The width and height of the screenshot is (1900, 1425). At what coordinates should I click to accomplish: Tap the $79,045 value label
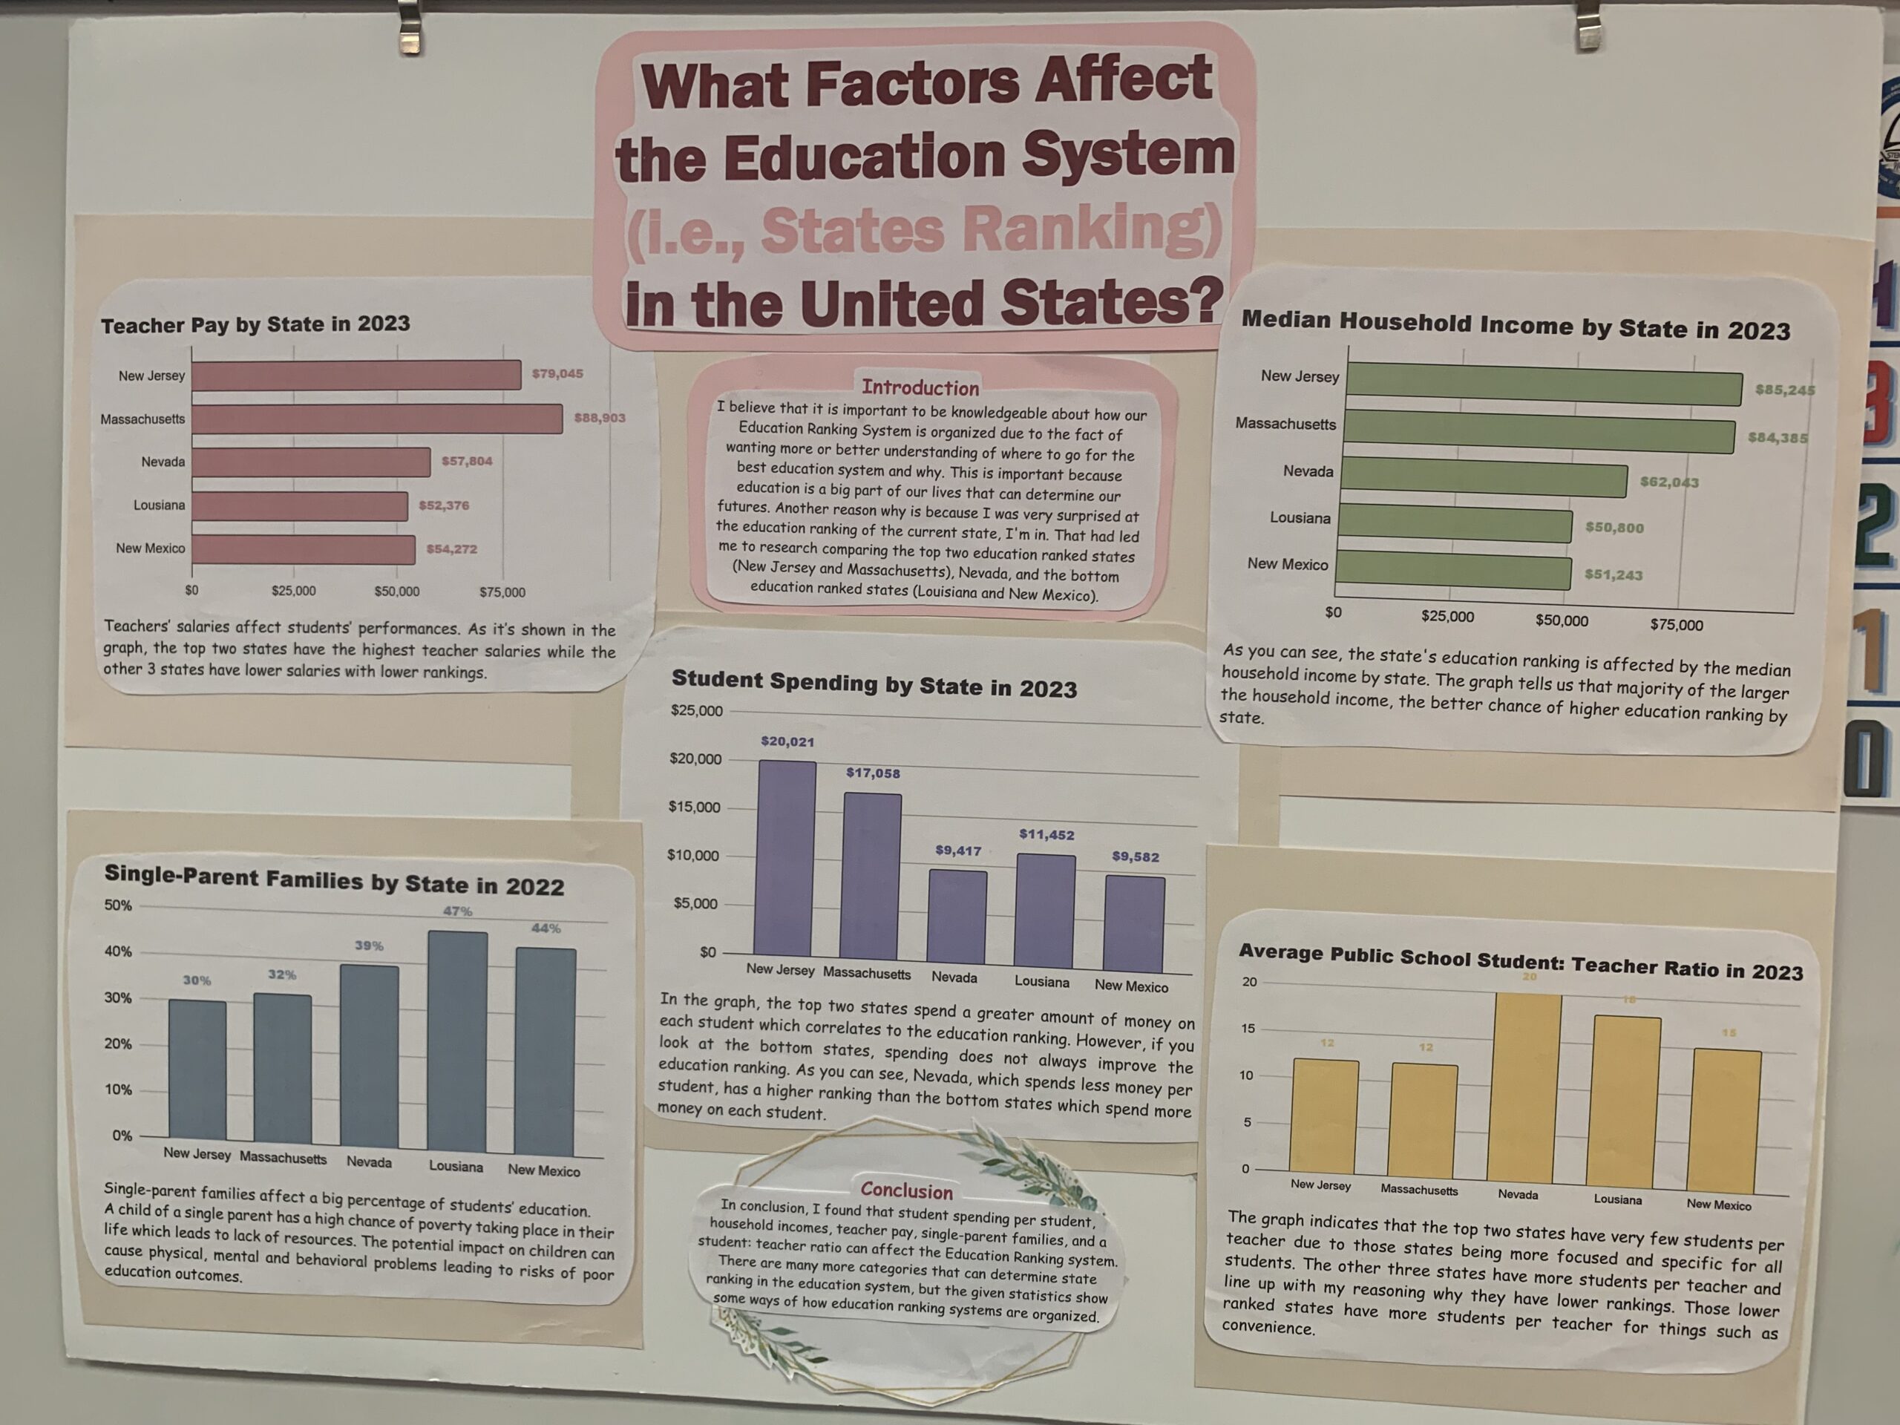pos(557,373)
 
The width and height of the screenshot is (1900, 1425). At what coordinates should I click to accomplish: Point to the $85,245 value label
pos(1785,390)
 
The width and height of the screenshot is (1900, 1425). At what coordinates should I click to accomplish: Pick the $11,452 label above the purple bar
pos(1046,834)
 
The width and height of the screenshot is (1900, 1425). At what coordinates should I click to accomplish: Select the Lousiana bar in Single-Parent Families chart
pos(457,1042)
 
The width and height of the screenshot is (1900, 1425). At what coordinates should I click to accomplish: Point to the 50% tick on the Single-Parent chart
pos(118,905)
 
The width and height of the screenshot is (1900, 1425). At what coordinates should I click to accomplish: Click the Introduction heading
pos(920,387)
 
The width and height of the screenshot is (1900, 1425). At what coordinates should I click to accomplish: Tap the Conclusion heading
pos(906,1190)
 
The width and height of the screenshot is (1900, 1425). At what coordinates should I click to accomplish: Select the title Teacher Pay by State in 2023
pos(255,324)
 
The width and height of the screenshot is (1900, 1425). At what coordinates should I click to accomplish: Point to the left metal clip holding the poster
pos(410,30)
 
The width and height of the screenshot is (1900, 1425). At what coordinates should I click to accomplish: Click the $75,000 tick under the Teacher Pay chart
pos(502,592)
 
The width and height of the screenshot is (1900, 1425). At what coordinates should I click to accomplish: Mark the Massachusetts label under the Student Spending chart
pos(867,973)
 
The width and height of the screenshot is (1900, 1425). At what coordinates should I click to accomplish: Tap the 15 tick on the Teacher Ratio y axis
pos(1248,1028)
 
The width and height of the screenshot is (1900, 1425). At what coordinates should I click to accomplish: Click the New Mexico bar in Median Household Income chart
pos(1453,572)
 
